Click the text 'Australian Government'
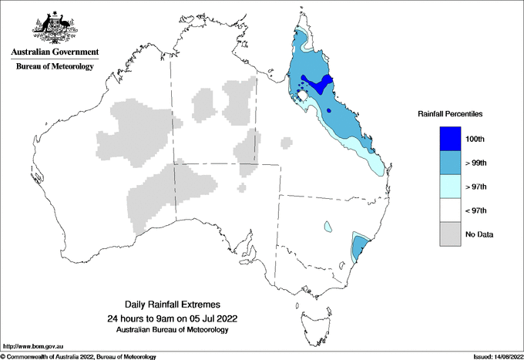[x=55, y=52]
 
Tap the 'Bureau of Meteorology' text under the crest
[x=55, y=66]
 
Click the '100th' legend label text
[x=475, y=139]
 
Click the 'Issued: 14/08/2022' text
[x=492, y=356]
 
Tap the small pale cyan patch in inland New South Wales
[x=328, y=227]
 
